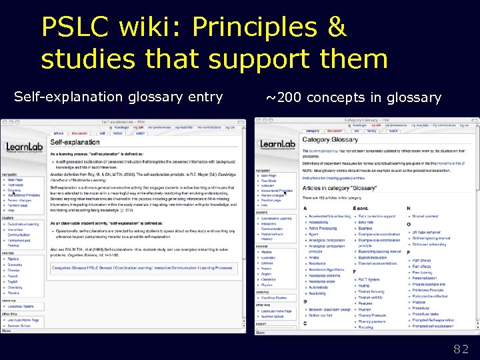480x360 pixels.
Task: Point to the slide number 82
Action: point(461,348)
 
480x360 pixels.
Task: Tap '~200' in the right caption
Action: point(284,98)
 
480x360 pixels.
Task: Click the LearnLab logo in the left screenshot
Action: point(24,148)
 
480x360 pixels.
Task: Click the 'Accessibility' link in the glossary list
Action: point(318,223)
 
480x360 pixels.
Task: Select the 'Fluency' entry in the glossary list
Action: point(365,309)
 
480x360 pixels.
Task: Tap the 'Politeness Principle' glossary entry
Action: point(427,290)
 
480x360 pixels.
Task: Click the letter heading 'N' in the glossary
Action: point(415,209)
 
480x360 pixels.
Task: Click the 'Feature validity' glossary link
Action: point(371,297)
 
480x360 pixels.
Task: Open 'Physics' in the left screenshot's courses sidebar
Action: point(13,293)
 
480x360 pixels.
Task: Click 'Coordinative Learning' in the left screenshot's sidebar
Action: point(23,224)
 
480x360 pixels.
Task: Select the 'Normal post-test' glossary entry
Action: point(426,216)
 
